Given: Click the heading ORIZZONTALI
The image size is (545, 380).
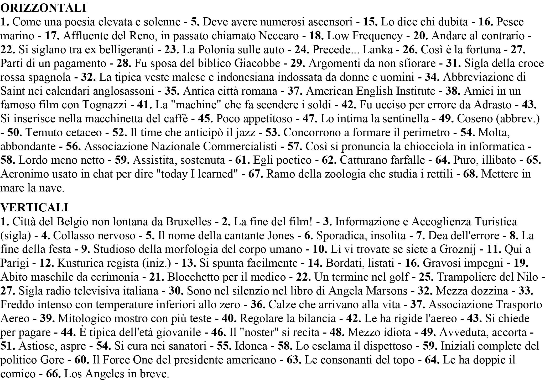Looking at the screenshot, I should click(43, 8).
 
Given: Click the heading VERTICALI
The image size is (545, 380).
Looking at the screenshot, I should click(34, 207).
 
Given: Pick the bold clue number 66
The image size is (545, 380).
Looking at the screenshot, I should click(54, 373).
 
